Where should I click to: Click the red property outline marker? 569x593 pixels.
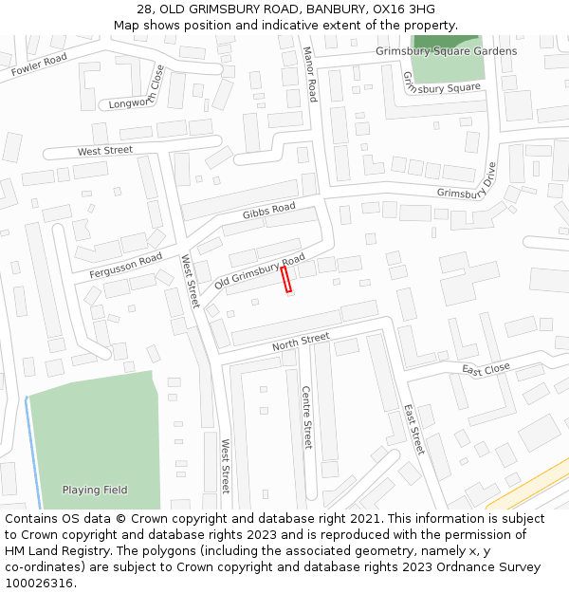[285, 280]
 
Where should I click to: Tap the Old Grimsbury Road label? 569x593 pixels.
[260, 271]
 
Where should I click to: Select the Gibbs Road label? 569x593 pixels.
[268, 212]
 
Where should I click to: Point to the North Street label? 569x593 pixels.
[301, 342]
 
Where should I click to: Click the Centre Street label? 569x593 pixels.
[306, 417]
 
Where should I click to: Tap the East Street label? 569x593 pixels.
[413, 429]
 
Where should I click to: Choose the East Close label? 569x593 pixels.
[486, 369]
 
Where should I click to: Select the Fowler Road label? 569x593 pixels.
[39, 65]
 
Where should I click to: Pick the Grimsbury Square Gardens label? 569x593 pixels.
[446, 51]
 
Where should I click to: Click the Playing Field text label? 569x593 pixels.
[95, 490]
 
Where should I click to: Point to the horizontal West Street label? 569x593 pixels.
[105, 151]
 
